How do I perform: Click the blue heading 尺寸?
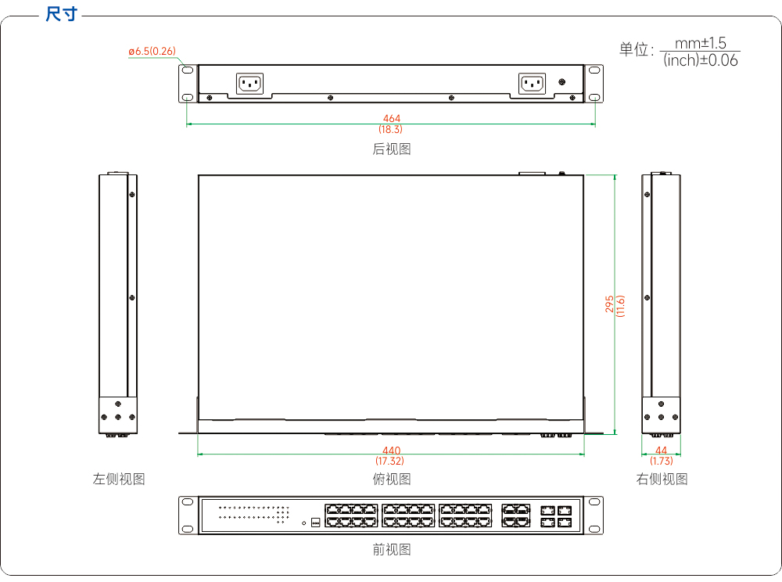point(61,14)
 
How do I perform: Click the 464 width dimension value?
point(392,118)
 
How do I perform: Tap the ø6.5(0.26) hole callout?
point(152,51)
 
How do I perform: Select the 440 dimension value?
point(392,451)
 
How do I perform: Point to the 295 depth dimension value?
point(609,304)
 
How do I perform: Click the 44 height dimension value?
point(661,451)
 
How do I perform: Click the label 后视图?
point(392,149)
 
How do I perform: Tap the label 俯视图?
point(392,479)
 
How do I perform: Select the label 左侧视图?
point(119,479)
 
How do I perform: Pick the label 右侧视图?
point(662,479)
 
